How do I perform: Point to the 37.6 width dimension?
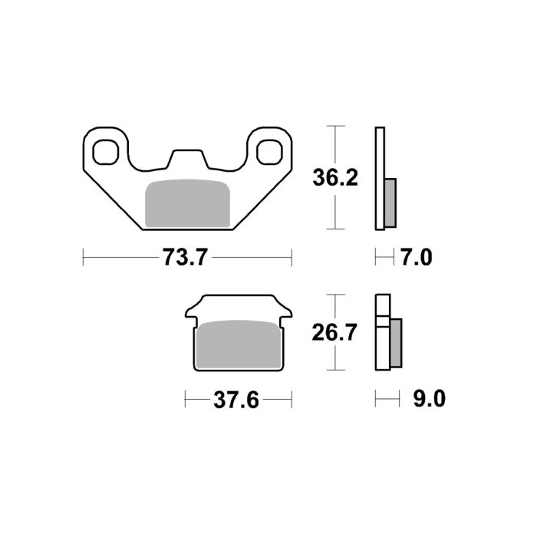238,400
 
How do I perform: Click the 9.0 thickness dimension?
428,400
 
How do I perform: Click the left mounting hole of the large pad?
105,150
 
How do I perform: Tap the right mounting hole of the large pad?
268,150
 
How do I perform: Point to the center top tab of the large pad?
187,156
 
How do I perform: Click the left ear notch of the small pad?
189,315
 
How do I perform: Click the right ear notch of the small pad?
287,315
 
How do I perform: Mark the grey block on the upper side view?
390,203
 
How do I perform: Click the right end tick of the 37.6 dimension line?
292,400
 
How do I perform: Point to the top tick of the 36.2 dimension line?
333,126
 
